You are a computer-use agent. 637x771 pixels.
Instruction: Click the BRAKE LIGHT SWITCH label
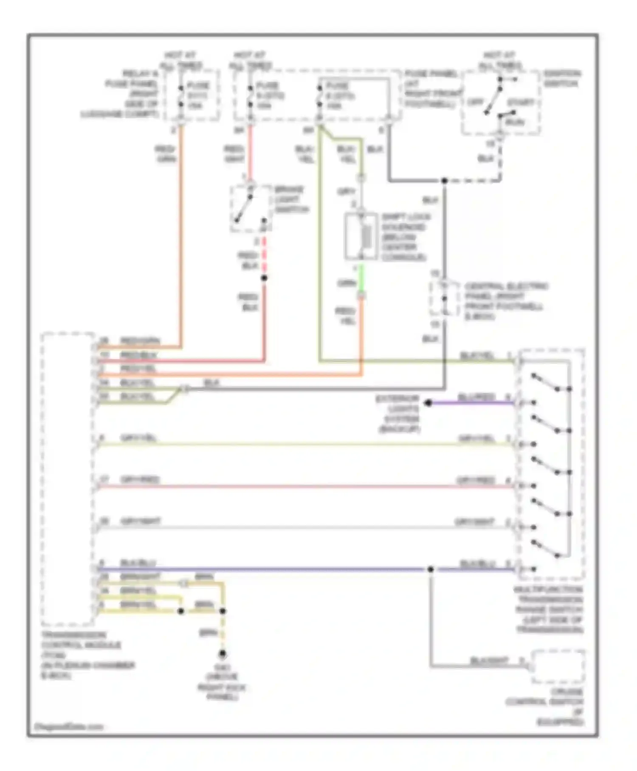(291, 199)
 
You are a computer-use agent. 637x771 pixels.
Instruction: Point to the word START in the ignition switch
(520, 103)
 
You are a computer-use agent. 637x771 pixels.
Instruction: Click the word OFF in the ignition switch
(475, 102)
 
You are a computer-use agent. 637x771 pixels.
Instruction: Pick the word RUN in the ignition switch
(515, 122)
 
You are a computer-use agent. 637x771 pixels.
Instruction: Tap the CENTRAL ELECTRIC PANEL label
(505, 301)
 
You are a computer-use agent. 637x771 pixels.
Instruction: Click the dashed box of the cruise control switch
(558, 666)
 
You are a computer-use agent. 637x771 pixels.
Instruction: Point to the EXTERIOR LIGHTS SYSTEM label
(398, 414)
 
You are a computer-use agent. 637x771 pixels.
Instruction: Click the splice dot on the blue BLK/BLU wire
(430, 569)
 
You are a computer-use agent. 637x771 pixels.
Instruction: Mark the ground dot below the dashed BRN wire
(222, 654)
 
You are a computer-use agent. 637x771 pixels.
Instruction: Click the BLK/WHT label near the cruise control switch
(489, 661)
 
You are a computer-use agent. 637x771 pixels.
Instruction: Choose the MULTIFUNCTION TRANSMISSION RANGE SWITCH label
(549, 609)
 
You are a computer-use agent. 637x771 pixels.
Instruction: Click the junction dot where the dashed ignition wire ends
(444, 181)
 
